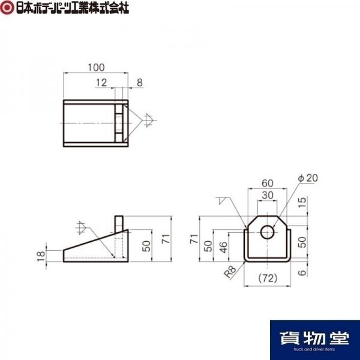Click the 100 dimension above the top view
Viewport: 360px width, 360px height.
[x=96, y=67]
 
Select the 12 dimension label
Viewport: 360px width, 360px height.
[x=101, y=83]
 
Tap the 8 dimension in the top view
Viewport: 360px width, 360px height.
[x=140, y=83]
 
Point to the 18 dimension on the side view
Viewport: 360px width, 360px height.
[x=41, y=256]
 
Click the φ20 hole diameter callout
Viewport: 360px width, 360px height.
[x=308, y=178]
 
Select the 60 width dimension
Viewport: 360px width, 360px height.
[x=268, y=183]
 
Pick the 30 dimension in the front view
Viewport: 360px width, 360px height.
[x=268, y=196]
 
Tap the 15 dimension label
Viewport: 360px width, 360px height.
[x=303, y=202]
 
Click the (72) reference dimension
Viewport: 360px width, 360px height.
[x=268, y=278]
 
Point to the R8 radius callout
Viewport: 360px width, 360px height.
[x=230, y=272]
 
